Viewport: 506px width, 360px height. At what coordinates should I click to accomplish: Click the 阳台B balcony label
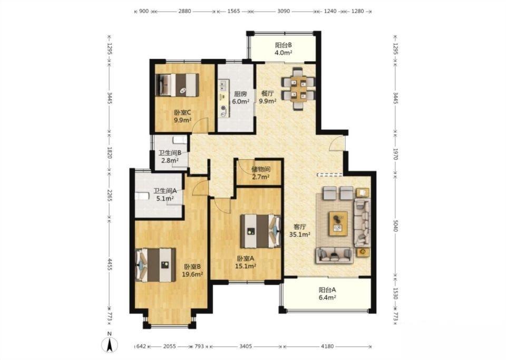284,45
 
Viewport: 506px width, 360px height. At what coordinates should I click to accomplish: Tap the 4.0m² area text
284,53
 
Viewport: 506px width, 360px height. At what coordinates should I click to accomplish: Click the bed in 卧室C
177,85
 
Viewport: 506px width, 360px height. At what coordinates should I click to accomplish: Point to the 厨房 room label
240,94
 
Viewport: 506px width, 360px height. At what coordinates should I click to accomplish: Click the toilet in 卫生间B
180,140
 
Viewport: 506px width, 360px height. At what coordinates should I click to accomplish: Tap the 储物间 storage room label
261,169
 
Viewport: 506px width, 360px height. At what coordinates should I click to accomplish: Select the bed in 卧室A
260,231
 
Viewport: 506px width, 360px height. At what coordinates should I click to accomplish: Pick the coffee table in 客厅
338,223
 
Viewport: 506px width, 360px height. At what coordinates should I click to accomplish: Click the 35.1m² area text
299,235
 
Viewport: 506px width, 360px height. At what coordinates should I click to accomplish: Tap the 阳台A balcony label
327,290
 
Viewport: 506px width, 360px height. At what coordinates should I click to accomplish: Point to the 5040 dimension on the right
396,226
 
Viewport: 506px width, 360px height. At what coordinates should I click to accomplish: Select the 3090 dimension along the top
284,11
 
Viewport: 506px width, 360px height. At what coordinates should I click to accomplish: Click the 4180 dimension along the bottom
327,346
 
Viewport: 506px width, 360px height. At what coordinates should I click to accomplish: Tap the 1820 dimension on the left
110,152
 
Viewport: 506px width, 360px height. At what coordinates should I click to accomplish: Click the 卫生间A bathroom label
165,191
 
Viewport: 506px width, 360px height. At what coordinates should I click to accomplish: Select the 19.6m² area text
192,274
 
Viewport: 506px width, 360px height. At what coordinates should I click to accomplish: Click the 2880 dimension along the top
184,11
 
